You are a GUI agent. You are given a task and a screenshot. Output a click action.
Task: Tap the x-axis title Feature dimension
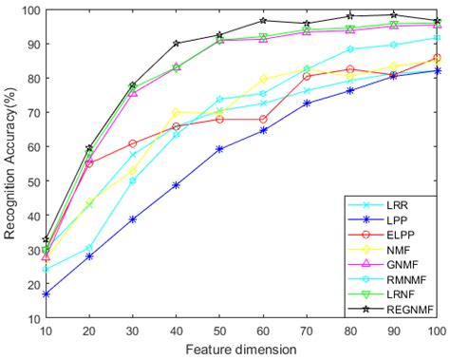241,349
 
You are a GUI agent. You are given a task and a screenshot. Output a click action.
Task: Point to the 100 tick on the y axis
29,10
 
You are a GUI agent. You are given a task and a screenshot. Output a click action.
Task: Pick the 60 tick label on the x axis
263,332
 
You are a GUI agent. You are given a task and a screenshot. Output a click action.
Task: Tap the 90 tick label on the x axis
393,332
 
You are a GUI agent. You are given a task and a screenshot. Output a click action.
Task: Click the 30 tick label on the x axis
133,332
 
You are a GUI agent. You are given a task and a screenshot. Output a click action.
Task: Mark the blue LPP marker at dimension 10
46,294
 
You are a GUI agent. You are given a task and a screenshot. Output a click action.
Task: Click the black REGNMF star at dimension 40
176,44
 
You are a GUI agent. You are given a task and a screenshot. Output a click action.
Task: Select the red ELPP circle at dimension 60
263,119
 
